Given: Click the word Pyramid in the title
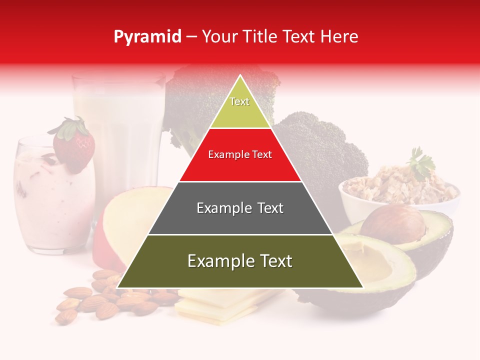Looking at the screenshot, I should point(147,37).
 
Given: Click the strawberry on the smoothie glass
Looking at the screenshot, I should point(75,147).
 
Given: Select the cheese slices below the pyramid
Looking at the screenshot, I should point(220,305).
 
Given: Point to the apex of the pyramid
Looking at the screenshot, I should point(240,76).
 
